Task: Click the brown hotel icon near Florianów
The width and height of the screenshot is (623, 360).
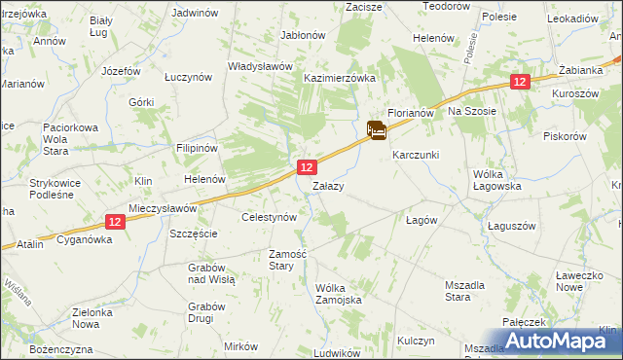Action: coord(377,130)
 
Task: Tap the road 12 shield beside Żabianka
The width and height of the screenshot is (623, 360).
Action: coord(520,84)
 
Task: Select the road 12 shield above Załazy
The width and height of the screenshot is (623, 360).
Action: coord(306,168)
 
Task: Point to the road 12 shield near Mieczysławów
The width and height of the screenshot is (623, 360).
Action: coord(115,222)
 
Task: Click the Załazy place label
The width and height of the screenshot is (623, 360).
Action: coord(326,185)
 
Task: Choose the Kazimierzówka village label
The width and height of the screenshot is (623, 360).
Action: coord(340,77)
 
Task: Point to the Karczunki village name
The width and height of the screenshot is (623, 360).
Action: coord(416,155)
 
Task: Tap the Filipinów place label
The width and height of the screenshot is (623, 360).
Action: coord(195,150)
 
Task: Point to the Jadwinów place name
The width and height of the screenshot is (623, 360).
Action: coord(193,14)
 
